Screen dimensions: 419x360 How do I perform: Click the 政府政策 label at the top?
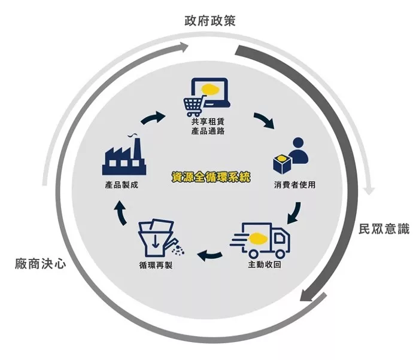pos(209,21)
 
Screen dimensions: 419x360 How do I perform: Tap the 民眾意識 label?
pos(384,229)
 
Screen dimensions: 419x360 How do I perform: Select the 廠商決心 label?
pos(40,264)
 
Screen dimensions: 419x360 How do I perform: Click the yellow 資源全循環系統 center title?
pos(211,177)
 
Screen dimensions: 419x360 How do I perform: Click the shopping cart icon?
pos(195,106)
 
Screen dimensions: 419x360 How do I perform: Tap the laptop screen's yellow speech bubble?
pos(210,89)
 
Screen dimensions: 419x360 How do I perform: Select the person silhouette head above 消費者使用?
pos(298,143)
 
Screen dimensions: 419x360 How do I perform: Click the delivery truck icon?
pos(260,240)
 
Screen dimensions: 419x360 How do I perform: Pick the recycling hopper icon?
pos(160,237)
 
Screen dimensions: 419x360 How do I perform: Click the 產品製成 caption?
pos(122,185)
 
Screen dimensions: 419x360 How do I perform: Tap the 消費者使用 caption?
pos(294,185)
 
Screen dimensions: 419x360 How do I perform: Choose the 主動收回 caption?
pos(265,264)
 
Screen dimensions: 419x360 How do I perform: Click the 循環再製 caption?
pos(156,265)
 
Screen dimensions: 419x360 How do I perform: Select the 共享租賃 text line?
pos(208,122)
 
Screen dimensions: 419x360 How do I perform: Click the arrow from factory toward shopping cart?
pos(153,117)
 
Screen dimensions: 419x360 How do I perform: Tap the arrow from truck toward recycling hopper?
pos(209,256)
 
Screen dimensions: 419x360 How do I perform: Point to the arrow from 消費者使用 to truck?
pos(294,213)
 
